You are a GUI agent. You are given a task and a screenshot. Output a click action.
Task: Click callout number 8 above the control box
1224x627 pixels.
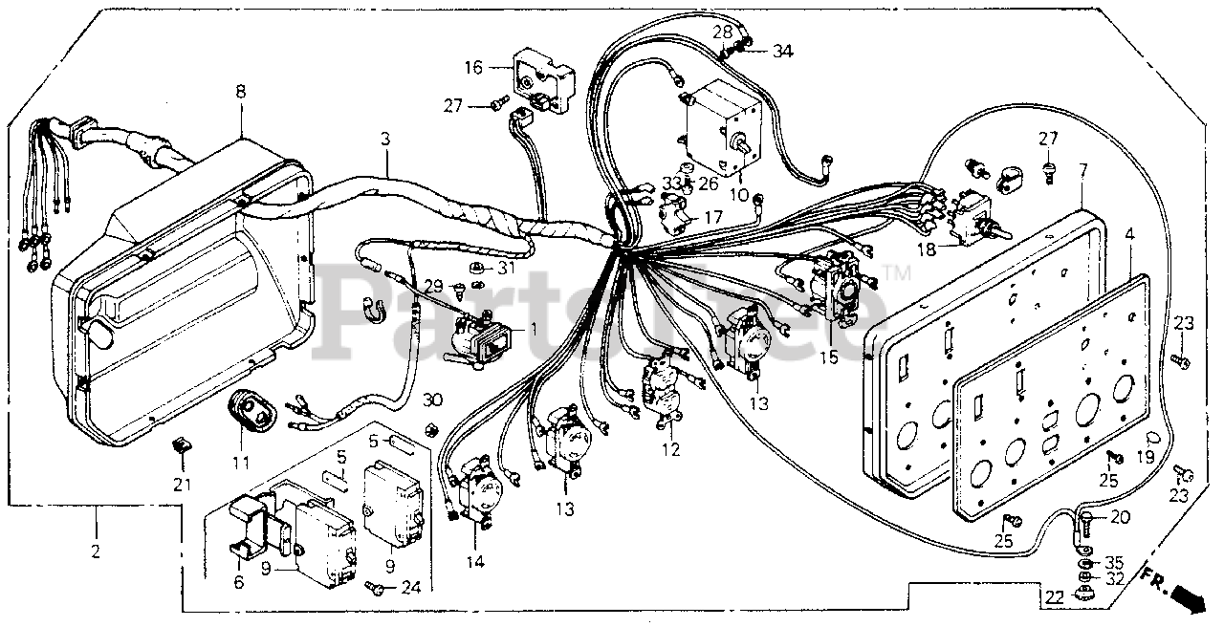tap(240, 93)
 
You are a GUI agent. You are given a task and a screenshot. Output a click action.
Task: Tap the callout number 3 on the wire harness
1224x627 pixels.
tap(385, 139)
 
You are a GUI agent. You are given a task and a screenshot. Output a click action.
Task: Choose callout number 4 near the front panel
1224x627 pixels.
tap(1129, 232)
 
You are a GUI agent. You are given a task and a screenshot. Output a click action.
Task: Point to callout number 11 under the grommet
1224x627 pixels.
tap(240, 464)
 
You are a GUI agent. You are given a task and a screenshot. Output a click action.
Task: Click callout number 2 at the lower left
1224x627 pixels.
tap(97, 552)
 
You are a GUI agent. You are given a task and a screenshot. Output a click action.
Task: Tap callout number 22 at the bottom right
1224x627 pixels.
tap(1054, 598)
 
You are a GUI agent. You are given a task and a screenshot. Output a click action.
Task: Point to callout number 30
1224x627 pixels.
tap(433, 399)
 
